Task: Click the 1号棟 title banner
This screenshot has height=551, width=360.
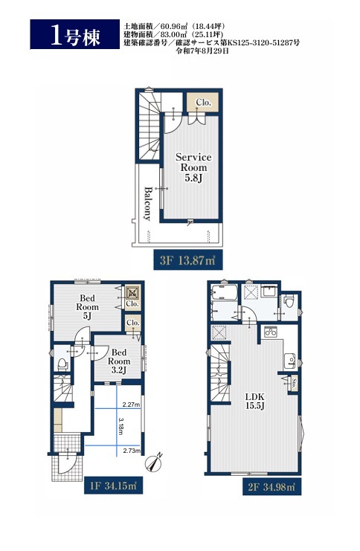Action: (74, 34)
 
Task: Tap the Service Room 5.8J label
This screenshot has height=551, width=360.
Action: (193, 167)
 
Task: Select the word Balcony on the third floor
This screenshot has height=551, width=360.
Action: (148, 204)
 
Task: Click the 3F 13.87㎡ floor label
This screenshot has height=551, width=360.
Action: (188, 260)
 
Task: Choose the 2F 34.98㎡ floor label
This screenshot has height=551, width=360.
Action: (271, 487)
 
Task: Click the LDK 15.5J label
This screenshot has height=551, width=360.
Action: (255, 402)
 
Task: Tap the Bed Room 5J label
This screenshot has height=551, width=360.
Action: (88, 307)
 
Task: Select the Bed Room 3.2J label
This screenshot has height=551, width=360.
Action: (119, 361)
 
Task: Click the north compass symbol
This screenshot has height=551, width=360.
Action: (154, 462)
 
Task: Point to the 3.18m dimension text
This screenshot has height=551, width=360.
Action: (121, 426)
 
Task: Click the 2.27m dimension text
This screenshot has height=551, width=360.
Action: (131, 405)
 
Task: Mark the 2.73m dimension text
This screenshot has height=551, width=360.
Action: (132, 451)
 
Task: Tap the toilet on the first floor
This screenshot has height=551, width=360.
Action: (62, 364)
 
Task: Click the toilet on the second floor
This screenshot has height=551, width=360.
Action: (289, 301)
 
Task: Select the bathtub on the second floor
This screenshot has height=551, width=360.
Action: (225, 293)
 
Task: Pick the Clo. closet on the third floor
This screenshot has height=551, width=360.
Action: (203, 103)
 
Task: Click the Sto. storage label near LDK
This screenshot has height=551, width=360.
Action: (294, 383)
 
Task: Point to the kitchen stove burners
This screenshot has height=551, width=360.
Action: (271, 332)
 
